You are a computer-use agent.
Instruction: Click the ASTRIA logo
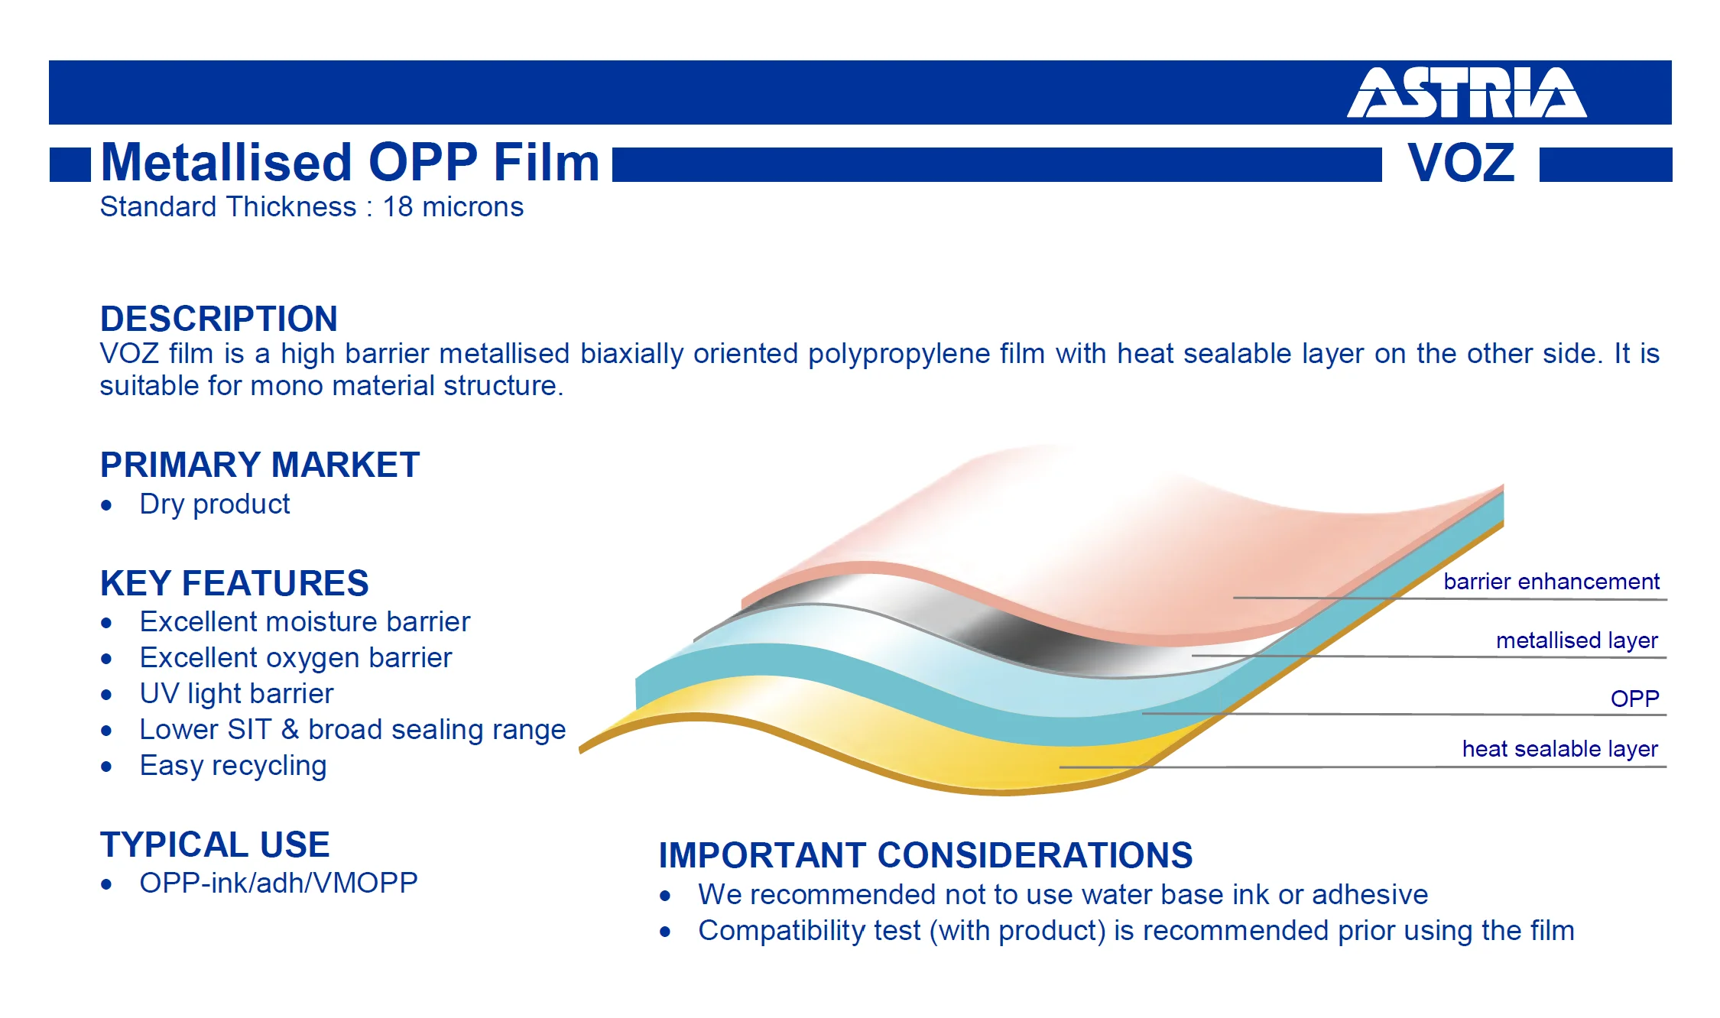1466,92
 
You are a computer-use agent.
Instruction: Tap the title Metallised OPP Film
350,162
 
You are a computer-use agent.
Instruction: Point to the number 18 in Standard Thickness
398,207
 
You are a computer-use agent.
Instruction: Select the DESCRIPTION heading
219,319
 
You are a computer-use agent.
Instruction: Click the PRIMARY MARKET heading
260,465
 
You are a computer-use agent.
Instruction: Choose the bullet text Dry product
215,504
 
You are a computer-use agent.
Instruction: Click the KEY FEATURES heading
234,583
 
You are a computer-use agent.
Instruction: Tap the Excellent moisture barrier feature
304,622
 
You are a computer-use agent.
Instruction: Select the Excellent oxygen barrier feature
296,658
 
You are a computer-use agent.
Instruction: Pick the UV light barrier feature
236,694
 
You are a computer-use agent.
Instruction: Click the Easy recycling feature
233,766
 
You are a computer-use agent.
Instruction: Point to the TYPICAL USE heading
215,845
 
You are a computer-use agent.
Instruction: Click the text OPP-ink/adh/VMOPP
278,883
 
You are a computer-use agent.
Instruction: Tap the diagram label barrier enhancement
1551,582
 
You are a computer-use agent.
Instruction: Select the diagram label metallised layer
1576,640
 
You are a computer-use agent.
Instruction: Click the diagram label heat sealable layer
1559,749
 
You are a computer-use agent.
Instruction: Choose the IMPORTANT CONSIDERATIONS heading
926,855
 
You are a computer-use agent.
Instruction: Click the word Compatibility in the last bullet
809,931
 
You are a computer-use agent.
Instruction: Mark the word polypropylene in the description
927,355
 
